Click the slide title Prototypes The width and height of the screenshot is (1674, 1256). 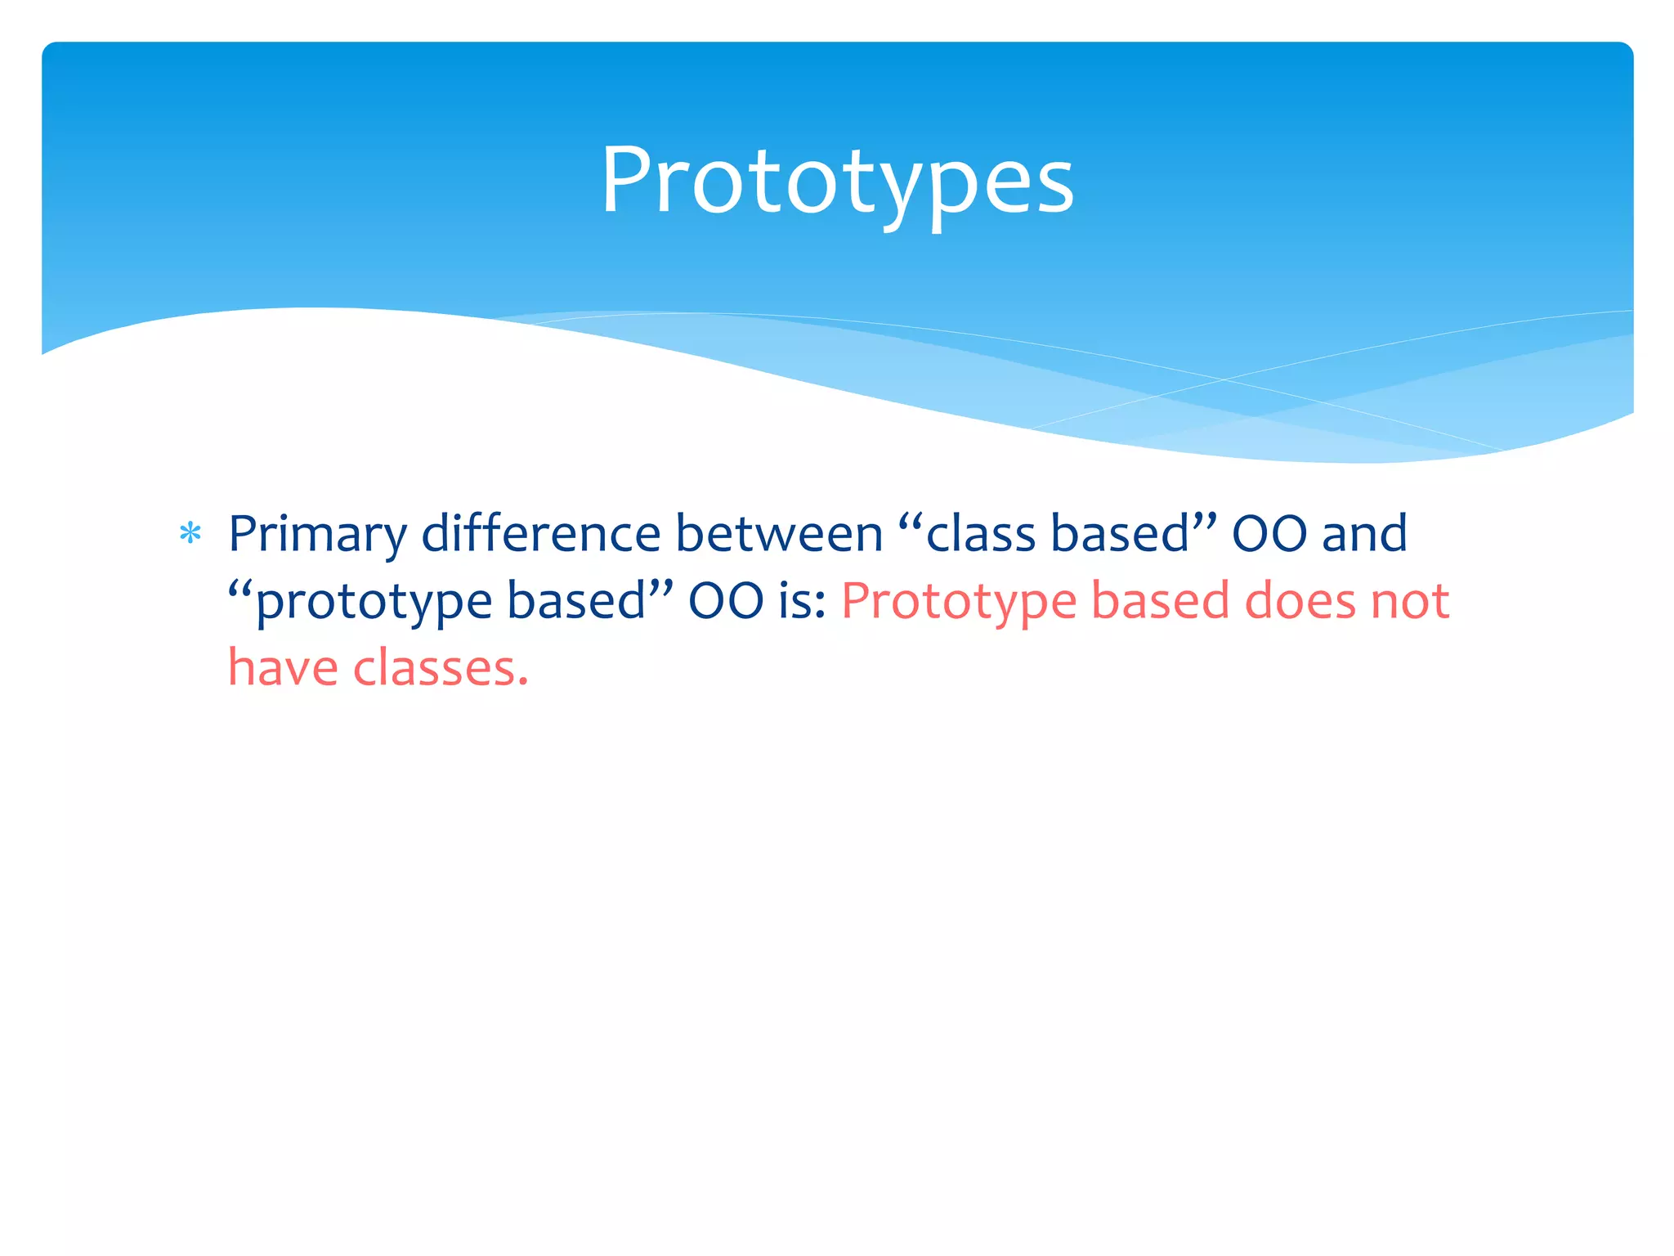[x=837, y=182]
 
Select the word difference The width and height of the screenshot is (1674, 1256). [x=540, y=533]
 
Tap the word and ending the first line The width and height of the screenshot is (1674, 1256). [x=1364, y=533]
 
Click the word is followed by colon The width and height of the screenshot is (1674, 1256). [x=802, y=601]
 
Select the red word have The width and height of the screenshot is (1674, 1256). [x=282, y=668]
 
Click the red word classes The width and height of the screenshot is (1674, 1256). [x=432, y=668]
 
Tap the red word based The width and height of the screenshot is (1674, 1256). [x=1160, y=601]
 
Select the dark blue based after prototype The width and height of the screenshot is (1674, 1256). [x=575, y=601]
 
